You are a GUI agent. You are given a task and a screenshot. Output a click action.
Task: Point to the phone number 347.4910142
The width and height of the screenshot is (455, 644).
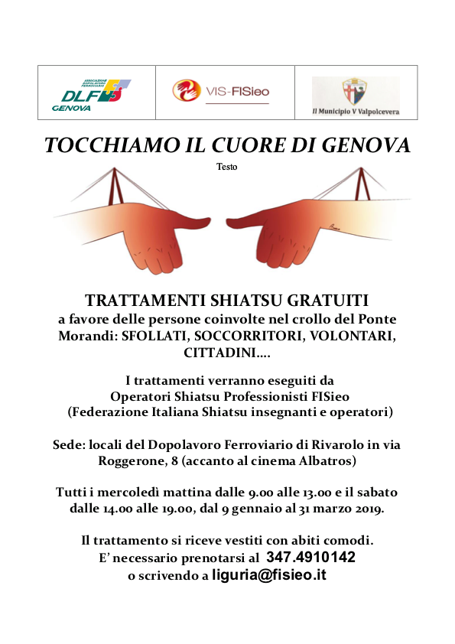tap(310, 558)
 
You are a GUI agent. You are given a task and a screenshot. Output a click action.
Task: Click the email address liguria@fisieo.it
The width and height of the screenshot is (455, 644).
tap(269, 575)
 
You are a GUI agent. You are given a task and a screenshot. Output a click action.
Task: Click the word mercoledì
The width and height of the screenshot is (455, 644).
tap(122, 491)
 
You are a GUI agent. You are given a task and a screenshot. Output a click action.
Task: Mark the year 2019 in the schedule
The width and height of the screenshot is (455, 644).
tap(367, 508)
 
